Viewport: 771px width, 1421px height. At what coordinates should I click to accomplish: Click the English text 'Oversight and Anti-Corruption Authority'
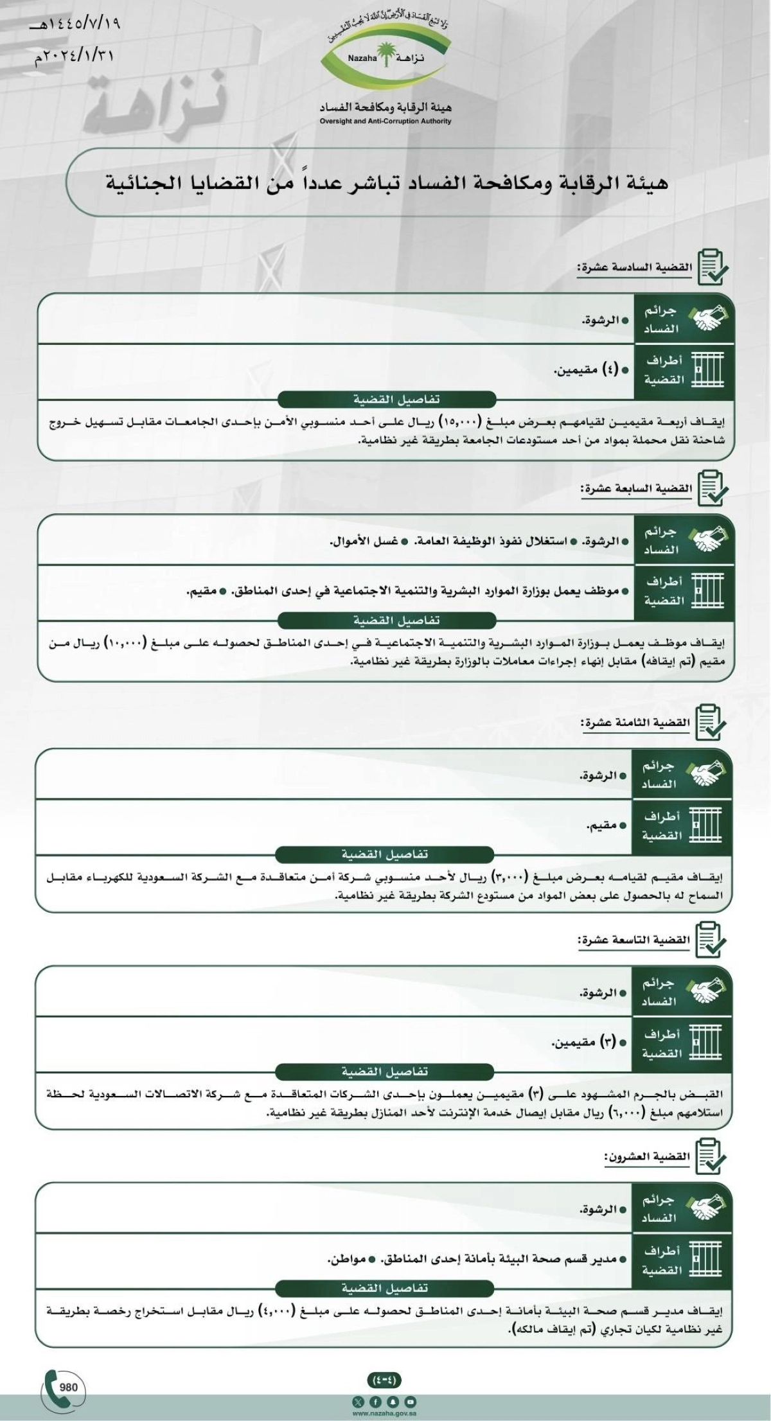point(385,121)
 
